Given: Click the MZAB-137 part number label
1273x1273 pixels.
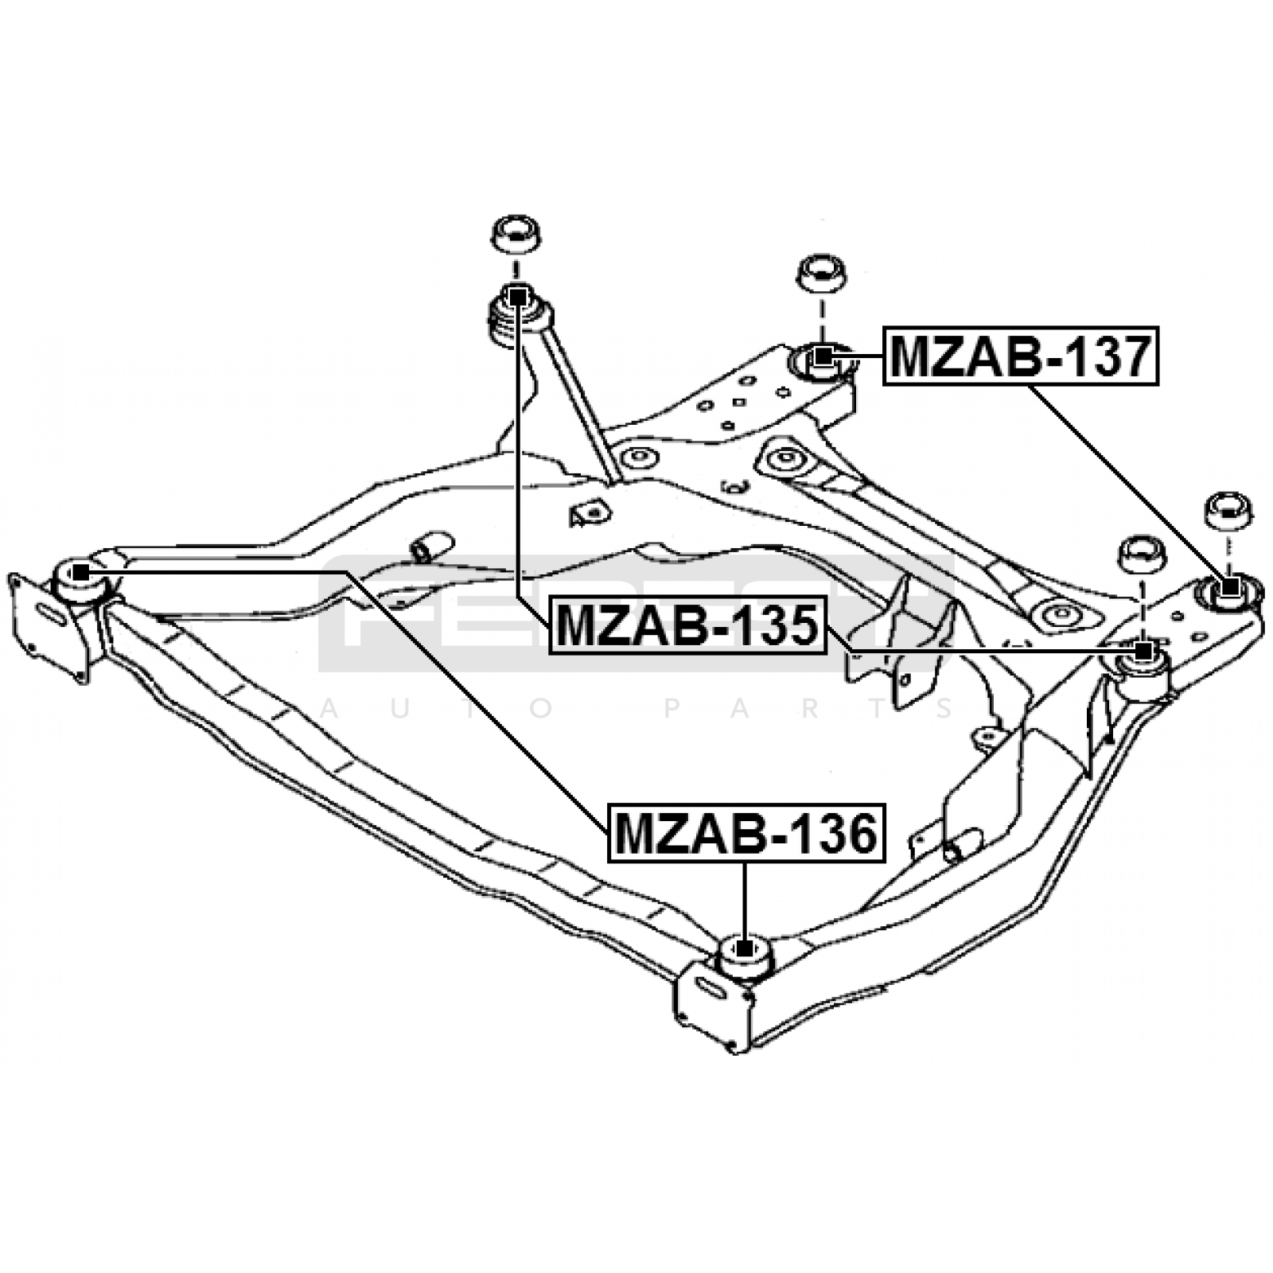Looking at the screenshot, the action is click(1021, 356).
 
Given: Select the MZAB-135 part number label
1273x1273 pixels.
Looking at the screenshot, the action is click(687, 625).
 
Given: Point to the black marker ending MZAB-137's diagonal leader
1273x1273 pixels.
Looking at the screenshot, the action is click(1230, 588).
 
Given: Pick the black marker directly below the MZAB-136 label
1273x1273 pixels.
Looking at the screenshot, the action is click(745, 948).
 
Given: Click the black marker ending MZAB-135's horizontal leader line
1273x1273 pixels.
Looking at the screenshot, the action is click(1144, 652).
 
